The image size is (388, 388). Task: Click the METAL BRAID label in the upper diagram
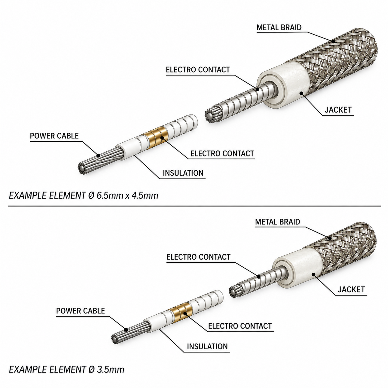pyautogui.click(x=279, y=28)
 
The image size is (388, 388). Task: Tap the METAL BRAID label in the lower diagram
pyautogui.click(x=278, y=222)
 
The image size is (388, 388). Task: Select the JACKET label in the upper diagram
pyautogui.click(x=338, y=110)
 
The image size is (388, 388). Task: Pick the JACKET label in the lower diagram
pyautogui.click(x=351, y=290)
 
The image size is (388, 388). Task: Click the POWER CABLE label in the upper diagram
pyautogui.click(x=54, y=136)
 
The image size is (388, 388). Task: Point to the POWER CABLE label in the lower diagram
pyautogui.click(x=80, y=311)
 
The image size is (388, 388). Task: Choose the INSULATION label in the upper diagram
pyautogui.click(x=183, y=173)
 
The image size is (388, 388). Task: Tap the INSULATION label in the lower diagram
pyautogui.click(x=207, y=346)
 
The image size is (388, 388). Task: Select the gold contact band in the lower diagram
pyautogui.click(x=179, y=312)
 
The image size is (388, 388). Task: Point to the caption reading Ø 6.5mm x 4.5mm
pyautogui.click(x=123, y=196)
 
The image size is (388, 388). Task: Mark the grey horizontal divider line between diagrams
pyautogui.click(x=195, y=206)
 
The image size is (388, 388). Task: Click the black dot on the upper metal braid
pyautogui.click(x=333, y=41)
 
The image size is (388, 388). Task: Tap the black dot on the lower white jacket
pyautogui.click(x=313, y=274)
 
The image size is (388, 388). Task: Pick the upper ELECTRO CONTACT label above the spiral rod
pyautogui.click(x=198, y=70)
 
